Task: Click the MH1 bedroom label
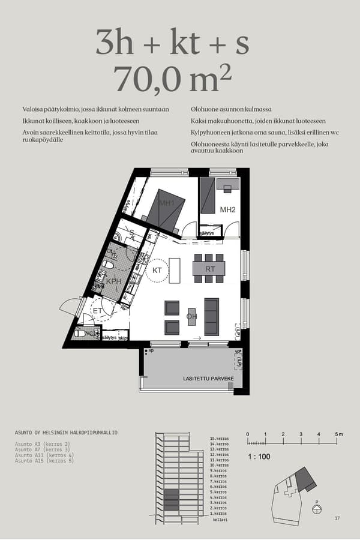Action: (167, 203)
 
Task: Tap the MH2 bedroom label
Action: (227, 209)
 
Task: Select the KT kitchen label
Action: (157, 271)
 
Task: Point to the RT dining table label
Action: (210, 269)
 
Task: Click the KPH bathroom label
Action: (114, 280)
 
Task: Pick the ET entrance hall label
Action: (97, 311)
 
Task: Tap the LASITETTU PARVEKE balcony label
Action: (208, 379)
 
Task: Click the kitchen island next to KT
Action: (175, 270)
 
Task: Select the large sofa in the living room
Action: (211, 316)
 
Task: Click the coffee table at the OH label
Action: (191, 316)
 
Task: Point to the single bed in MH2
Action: (207, 195)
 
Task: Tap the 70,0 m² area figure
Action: (173, 79)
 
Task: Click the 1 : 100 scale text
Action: (259, 457)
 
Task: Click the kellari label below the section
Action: (218, 520)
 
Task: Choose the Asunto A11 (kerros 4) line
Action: (44, 455)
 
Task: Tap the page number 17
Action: (337, 518)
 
